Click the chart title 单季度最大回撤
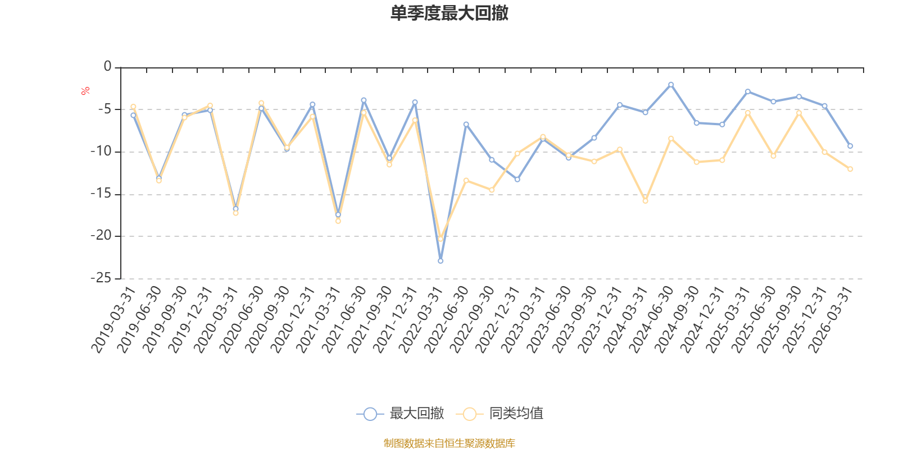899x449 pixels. (449, 13)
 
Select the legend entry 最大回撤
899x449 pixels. (400, 414)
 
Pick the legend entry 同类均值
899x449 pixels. (500, 414)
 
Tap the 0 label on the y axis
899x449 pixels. (107, 67)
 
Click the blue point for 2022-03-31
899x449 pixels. (441, 261)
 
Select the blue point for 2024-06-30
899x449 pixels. (671, 84)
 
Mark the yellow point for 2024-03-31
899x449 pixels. (645, 201)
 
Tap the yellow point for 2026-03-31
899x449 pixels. (850, 169)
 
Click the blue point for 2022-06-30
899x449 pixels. (466, 124)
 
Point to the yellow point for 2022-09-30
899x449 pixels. (492, 190)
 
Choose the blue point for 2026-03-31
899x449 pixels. (850, 146)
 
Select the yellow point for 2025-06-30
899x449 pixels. (773, 156)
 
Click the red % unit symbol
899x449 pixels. (85, 91)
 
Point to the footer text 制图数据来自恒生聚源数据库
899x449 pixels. (449, 443)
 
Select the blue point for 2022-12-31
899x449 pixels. (517, 180)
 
